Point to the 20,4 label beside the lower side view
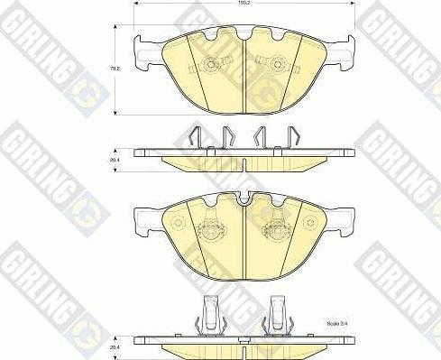coord(115,343)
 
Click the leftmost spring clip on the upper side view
coord(195,137)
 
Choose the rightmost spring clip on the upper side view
coord(291,137)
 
